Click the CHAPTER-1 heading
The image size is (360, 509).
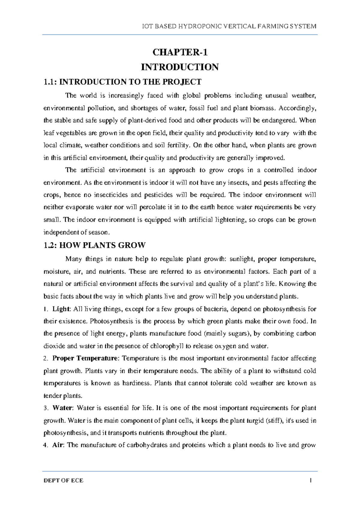[x=180, y=52]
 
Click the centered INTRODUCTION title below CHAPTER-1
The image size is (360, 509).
[x=180, y=67]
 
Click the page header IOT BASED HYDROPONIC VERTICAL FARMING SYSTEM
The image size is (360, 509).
[x=229, y=26]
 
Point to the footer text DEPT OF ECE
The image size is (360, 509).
[x=63, y=481]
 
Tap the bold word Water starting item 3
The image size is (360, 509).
[x=62, y=408]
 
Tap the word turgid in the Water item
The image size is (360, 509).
[x=256, y=421]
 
